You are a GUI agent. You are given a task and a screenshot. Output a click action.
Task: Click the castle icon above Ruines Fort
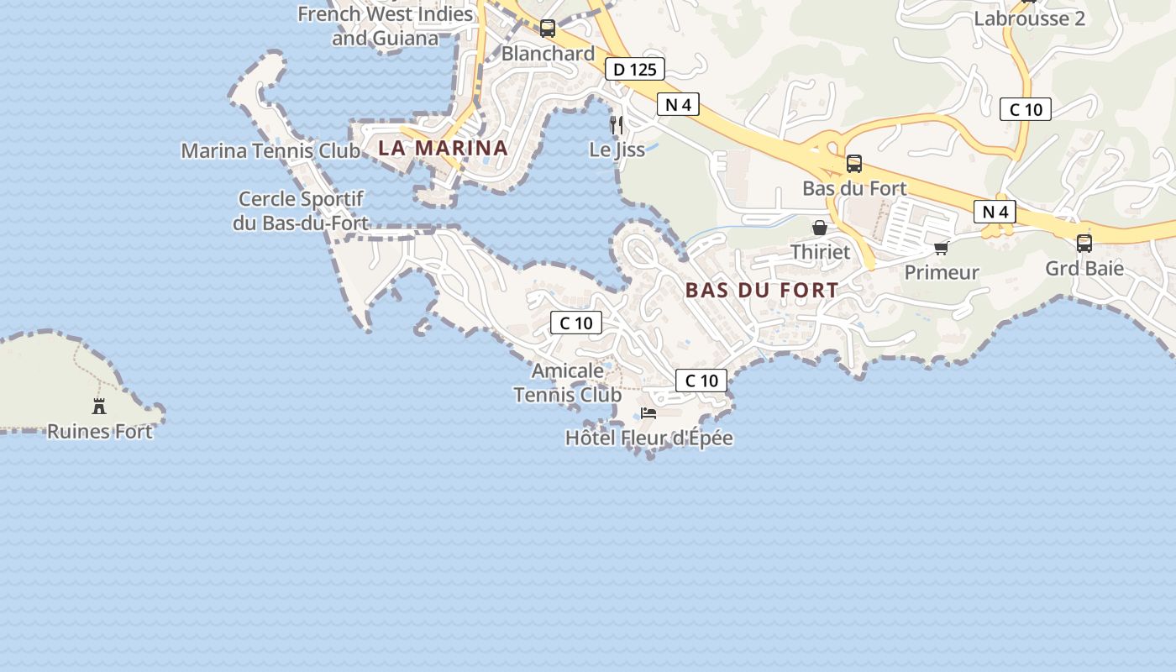(x=99, y=407)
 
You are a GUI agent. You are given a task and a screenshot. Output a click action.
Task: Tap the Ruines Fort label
(x=99, y=432)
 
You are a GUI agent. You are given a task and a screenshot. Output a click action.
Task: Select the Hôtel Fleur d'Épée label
(x=648, y=438)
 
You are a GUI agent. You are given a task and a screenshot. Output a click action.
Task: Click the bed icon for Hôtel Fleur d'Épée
(x=648, y=412)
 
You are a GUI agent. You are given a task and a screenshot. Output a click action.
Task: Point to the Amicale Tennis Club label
(x=568, y=382)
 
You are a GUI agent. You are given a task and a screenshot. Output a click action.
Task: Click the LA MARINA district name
(x=443, y=148)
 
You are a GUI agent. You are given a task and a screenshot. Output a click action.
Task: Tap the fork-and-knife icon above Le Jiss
(x=617, y=124)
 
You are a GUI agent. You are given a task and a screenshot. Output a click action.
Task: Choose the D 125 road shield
(x=635, y=70)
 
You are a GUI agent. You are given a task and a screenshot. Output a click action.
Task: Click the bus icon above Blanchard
(x=548, y=29)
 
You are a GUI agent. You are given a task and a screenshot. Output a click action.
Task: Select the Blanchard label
(x=548, y=54)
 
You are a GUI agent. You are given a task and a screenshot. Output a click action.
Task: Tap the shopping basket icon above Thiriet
(x=820, y=228)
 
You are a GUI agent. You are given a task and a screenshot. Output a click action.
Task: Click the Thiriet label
(x=820, y=252)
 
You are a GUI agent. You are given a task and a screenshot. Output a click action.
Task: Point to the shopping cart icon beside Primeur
(x=941, y=248)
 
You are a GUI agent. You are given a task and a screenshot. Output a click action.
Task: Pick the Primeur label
(x=941, y=273)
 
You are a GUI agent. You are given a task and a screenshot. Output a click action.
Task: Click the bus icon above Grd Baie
(x=1084, y=244)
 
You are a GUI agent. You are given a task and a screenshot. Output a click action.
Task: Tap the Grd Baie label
(x=1084, y=269)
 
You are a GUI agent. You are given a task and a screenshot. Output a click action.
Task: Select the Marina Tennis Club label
(x=270, y=151)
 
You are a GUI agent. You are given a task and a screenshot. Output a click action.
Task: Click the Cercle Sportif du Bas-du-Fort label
(x=301, y=211)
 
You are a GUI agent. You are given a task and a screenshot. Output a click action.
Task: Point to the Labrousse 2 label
(x=1030, y=18)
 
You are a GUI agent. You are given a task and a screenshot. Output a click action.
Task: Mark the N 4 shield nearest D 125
(x=678, y=105)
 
